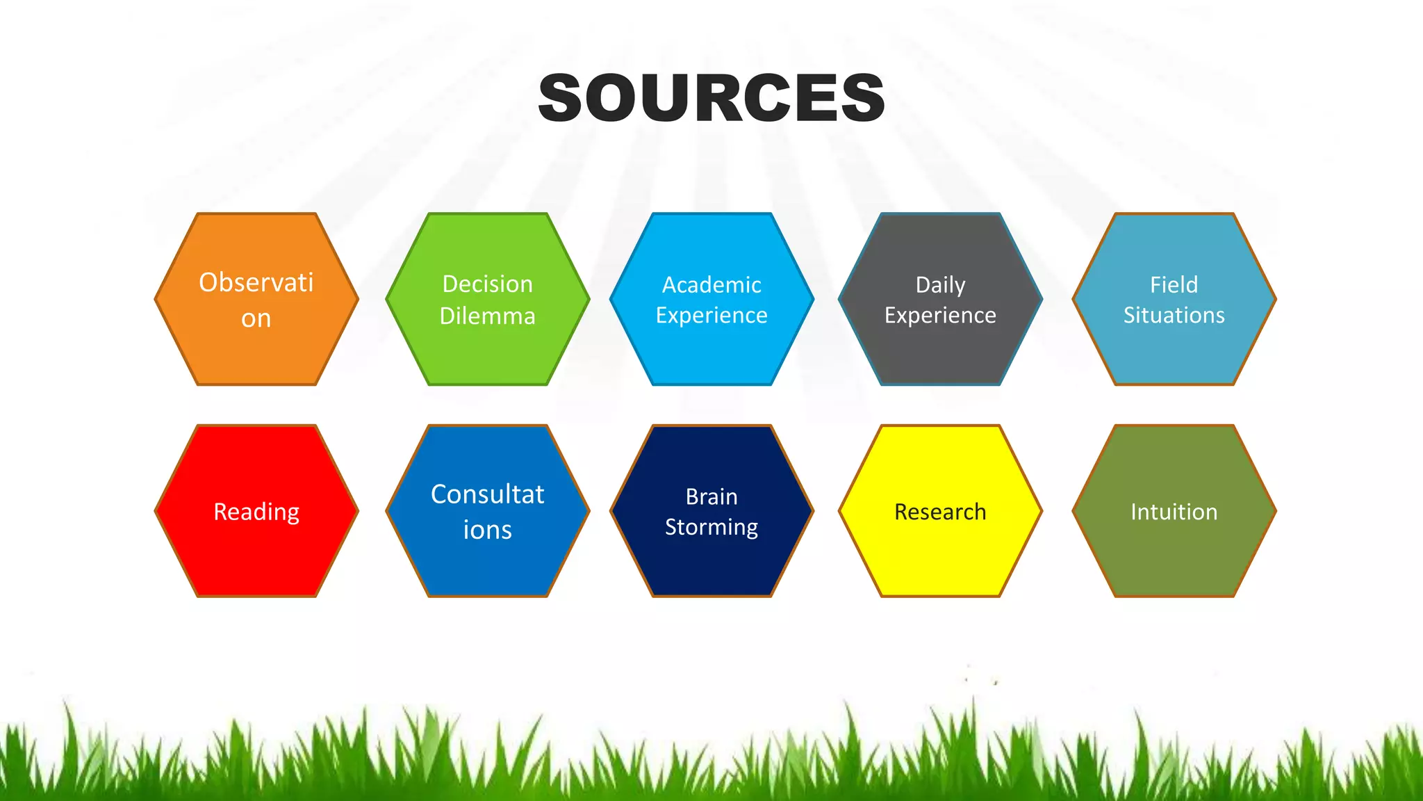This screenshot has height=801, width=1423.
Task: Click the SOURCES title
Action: pyautogui.click(x=711, y=98)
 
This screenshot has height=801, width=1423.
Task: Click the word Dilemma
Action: pyautogui.click(x=488, y=316)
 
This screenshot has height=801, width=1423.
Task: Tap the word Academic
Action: pyautogui.click(x=711, y=285)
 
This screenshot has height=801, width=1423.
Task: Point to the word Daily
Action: pyautogui.click(x=940, y=285)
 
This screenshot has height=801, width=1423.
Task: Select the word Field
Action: pyautogui.click(x=1174, y=285)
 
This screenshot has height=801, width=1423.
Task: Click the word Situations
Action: pyautogui.click(x=1174, y=316)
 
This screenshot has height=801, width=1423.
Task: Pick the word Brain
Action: pyautogui.click(x=711, y=497)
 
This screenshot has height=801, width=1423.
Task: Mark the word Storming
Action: pyautogui.click(x=711, y=528)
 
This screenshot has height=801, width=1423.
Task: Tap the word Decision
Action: pyautogui.click(x=488, y=284)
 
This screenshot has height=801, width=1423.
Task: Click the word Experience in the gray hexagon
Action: pyautogui.click(x=940, y=316)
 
